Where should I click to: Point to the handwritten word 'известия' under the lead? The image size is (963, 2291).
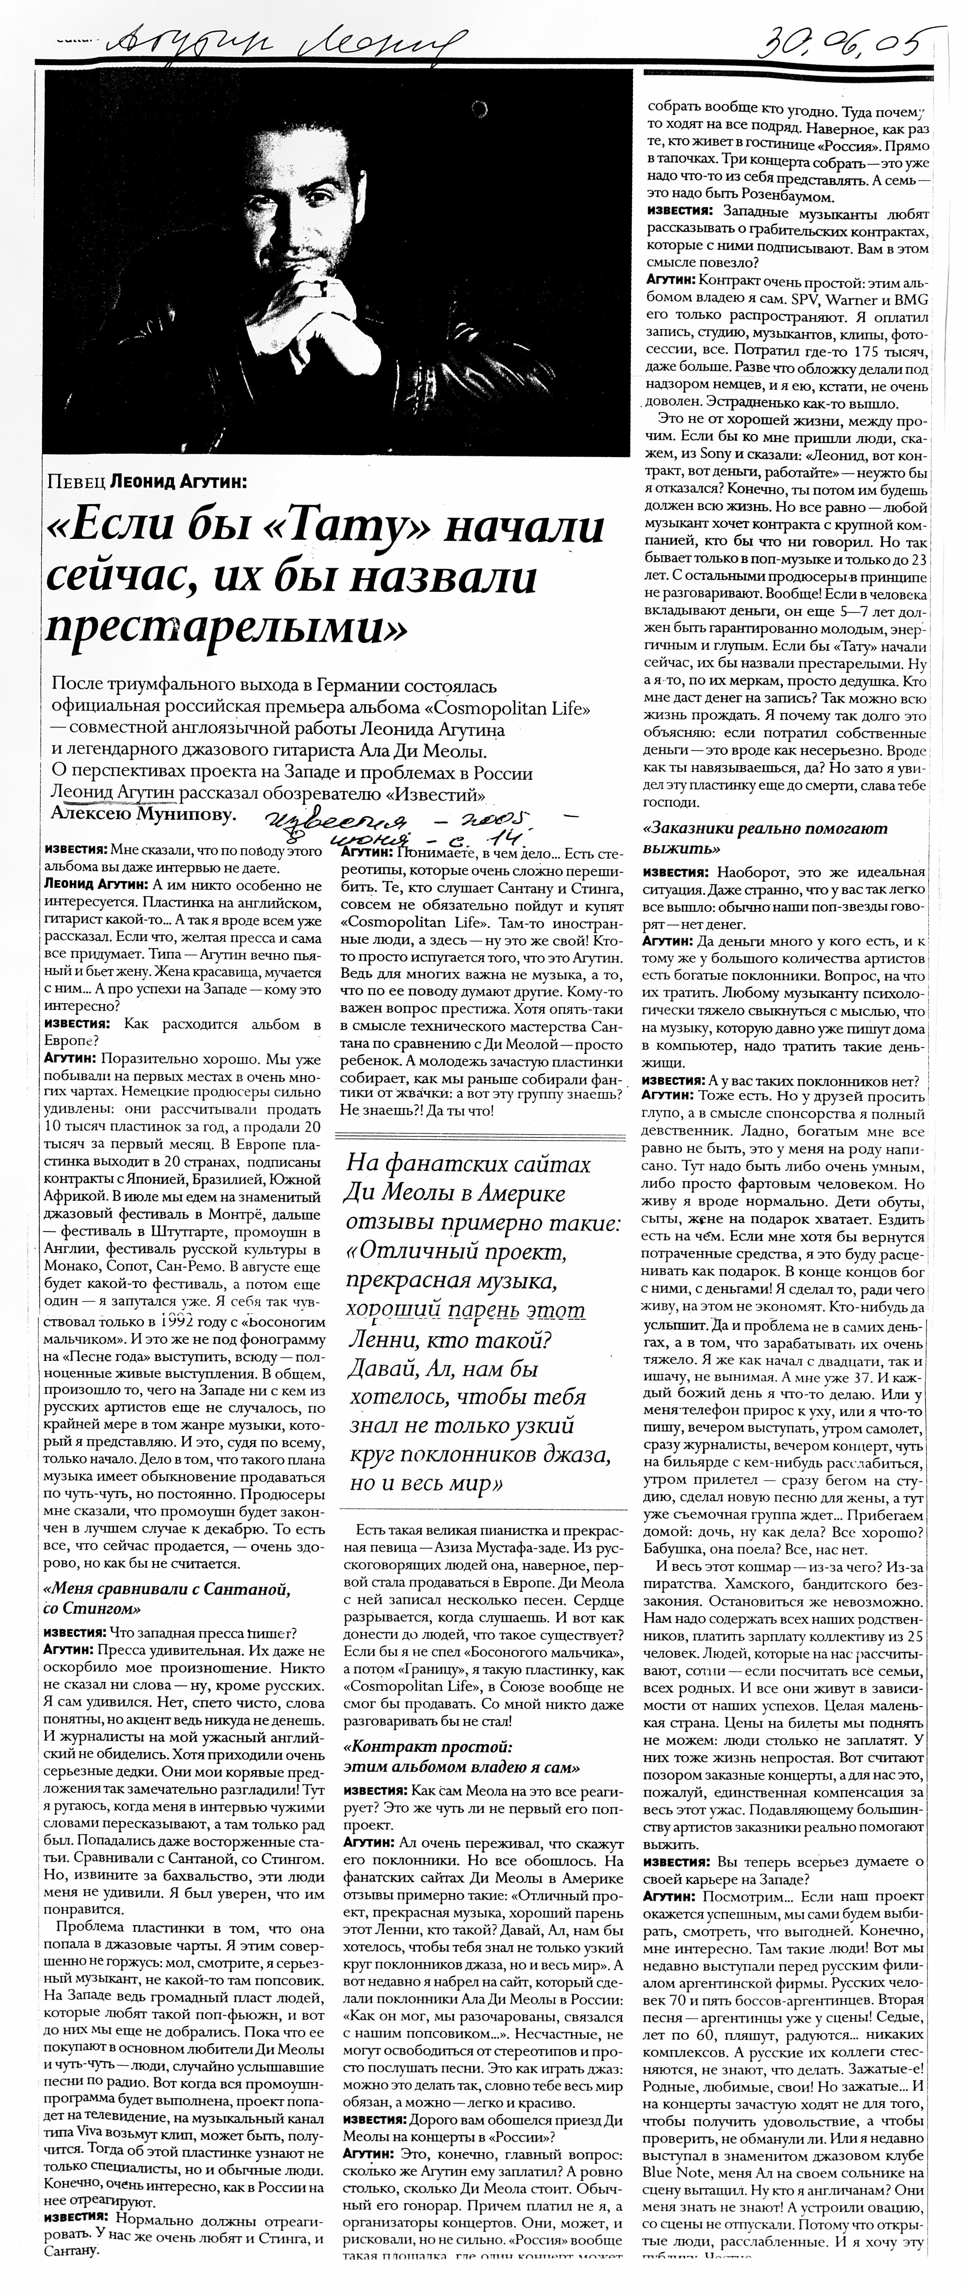[316, 818]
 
